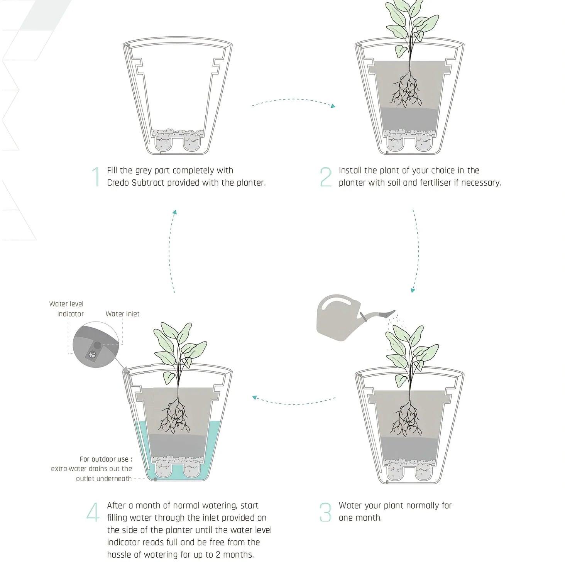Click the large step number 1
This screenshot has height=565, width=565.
(96, 177)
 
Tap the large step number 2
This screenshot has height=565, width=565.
(326, 177)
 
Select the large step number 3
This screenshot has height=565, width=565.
(325, 512)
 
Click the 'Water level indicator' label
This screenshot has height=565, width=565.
(67, 309)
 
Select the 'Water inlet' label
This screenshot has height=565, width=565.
(122, 314)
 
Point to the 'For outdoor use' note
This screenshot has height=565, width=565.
(93, 469)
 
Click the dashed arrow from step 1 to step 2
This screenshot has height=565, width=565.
(293, 101)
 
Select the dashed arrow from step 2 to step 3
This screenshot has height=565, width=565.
(416, 251)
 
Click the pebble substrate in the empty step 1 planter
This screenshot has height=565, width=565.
(178, 134)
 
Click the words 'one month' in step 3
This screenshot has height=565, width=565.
(360, 518)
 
